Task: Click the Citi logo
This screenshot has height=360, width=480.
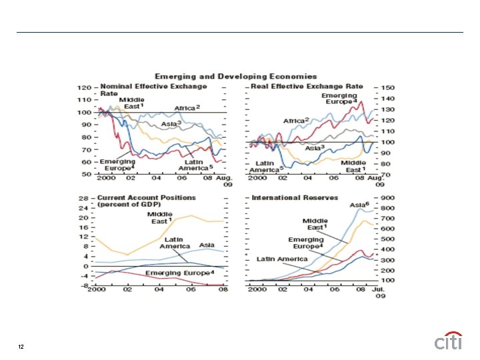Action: tap(449, 341)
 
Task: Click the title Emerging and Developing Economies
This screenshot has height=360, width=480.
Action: tap(236, 77)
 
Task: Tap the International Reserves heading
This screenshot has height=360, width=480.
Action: tap(295, 197)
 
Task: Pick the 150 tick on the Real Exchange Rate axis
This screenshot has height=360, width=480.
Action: tap(388, 87)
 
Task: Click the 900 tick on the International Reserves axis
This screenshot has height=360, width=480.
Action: tap(388, 198)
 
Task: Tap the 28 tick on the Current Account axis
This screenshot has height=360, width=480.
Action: tap(84, 199)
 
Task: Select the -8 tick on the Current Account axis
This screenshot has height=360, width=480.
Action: tap(84, 285)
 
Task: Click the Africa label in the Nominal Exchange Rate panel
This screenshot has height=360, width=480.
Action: tap(187, 107)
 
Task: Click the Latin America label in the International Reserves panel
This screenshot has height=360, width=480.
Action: tap(283, 259)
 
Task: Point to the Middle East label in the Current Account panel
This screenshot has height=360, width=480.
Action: tap(160, 217)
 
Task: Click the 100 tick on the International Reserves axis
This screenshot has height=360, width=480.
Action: tap(388, 281)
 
